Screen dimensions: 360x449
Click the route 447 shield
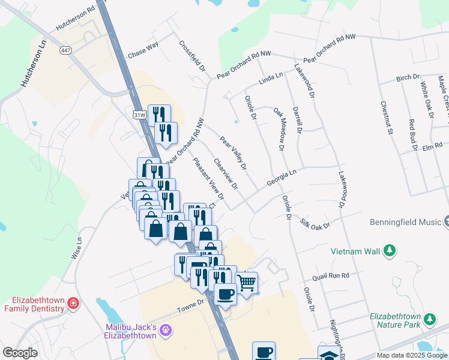tap(64, 50)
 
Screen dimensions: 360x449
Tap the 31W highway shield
tap(139, 114)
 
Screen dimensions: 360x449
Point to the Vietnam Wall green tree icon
tap(390, 250)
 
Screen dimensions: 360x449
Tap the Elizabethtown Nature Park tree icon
tap(429, 318)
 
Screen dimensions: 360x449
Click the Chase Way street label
tap(143, 53)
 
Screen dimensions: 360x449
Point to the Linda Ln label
tap(270, 79)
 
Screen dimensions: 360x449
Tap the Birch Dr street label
tap(408, 78)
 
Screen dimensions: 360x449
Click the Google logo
tap(20, 353)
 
